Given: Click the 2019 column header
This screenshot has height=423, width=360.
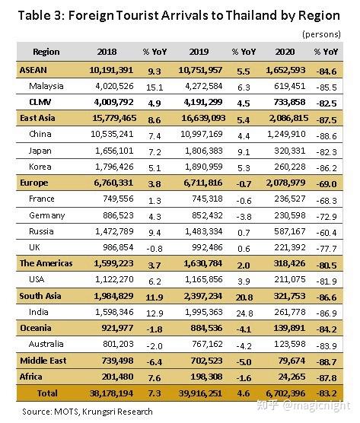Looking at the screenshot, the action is click(199, 52).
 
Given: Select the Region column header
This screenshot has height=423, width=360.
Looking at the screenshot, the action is click(46, 52).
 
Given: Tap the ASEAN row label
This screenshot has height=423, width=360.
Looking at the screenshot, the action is click(33, 70).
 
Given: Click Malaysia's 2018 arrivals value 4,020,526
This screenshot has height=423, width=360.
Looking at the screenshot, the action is click(114, 86).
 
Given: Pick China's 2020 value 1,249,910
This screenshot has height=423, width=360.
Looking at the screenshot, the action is click(286, 134).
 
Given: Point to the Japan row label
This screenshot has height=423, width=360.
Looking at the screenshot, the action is click(40, 151).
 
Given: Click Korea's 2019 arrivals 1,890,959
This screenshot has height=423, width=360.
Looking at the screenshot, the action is click(204, 167).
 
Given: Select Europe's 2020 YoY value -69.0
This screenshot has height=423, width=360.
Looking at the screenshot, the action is click(327, 184).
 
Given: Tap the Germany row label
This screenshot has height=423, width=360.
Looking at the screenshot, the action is click(47, 215).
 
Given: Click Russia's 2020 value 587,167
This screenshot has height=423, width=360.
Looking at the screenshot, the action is click(290, 231).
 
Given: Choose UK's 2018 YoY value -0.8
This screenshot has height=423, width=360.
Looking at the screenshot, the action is click(155, 249).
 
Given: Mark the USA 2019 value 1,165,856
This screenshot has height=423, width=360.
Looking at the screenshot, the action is click(204, 279).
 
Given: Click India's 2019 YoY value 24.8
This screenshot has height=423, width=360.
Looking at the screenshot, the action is click(245, 313).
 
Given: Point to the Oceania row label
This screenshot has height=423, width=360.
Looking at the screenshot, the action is click(36, 328).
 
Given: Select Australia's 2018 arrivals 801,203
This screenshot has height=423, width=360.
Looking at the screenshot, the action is click(118, 344).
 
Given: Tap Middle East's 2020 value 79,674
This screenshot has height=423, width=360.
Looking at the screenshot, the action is click(292, 361).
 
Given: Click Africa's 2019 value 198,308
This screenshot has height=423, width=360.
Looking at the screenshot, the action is click(206, 377).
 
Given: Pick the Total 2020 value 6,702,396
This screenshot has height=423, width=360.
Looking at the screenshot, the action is click(285, 393).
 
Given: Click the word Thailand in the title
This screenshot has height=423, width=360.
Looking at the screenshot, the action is click(251, 15).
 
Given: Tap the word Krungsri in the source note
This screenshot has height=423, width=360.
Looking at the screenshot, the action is click(98, 412).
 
